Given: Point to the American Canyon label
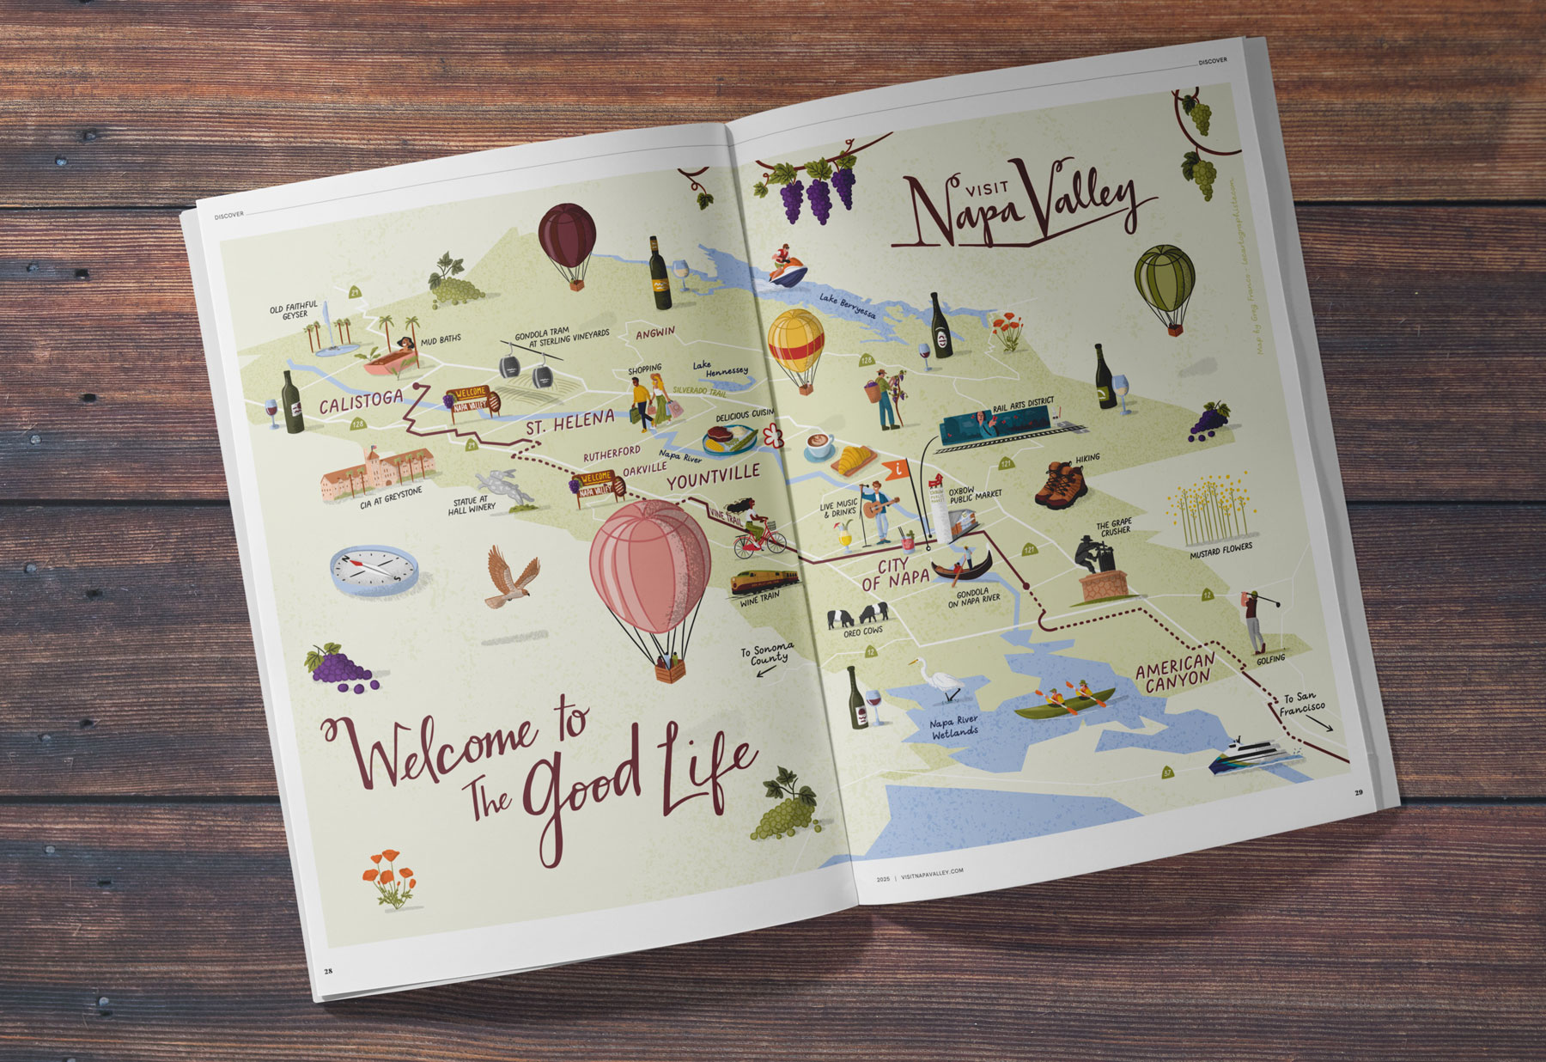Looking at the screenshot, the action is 1176,671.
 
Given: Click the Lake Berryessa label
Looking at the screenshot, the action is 848,306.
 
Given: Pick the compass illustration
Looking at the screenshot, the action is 374,568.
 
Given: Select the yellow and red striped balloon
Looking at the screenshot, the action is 796,344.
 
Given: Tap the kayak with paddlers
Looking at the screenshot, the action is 1065,700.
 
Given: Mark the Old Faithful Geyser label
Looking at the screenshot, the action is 294,309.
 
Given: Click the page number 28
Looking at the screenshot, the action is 328,971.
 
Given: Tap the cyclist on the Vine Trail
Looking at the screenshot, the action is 758,528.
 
